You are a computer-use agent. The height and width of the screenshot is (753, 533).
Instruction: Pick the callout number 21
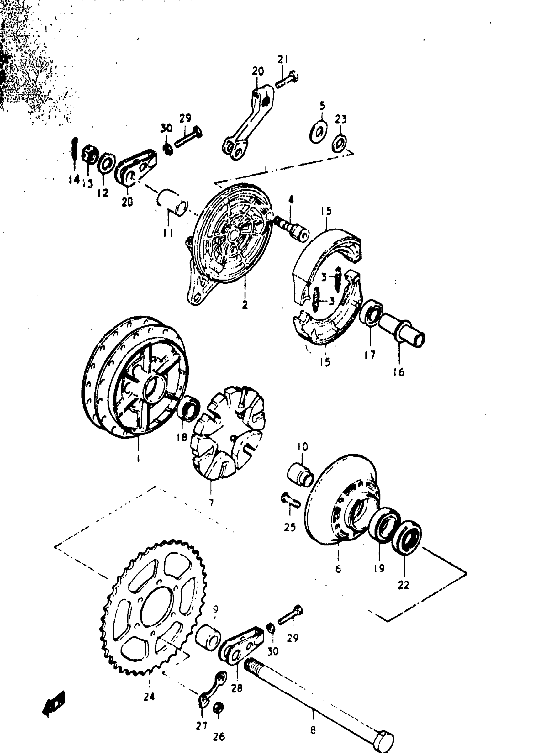tap(282, 60)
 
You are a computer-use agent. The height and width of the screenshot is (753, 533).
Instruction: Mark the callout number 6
tap(338, 568)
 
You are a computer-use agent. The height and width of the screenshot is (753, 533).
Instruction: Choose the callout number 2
tap(245, 305)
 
